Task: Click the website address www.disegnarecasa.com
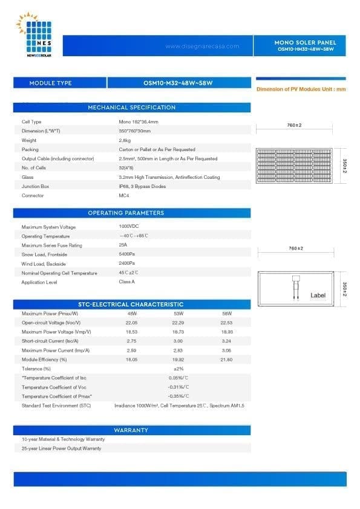(201, 46)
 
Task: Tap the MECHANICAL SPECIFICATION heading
(132, 108)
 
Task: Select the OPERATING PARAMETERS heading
(132, 213)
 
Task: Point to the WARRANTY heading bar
(131, 430)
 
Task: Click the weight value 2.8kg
(125, 140)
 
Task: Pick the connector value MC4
(124, 196)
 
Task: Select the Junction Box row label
(35, 187)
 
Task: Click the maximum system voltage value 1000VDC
(129, 226)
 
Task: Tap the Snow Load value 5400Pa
(127, 254)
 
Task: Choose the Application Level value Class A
(127, 282)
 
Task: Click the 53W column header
(178, 314)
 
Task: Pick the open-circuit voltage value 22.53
(226, 323)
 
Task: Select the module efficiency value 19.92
(178, 360)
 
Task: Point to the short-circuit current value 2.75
(132, 342)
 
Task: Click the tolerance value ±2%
(178, 368)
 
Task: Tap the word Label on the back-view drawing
(318, 295)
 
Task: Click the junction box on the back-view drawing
(297, 279)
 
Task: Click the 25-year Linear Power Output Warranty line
(61, 448)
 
